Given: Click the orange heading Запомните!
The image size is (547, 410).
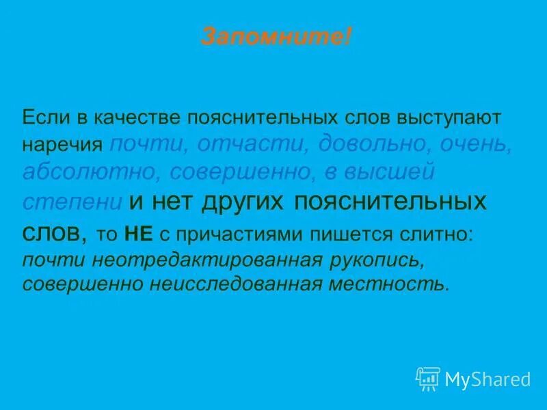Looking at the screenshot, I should click(x=276, y=36).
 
